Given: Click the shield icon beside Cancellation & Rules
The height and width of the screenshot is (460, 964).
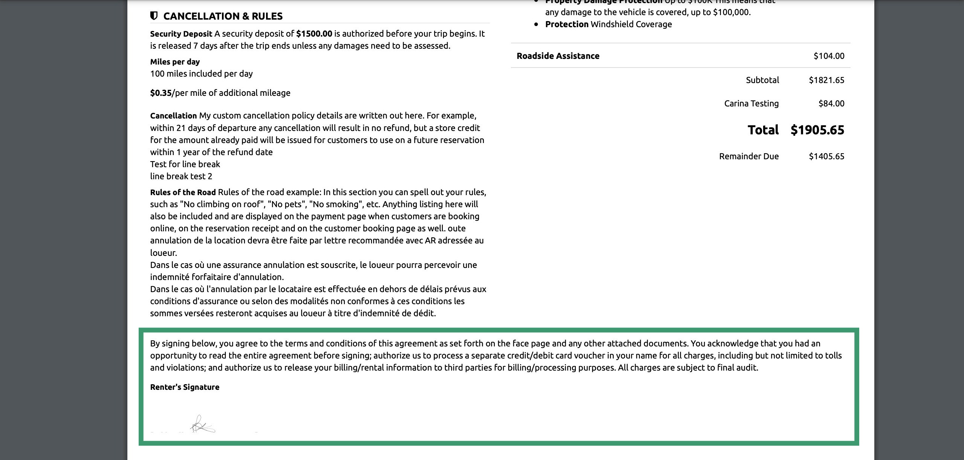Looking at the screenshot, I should click(x=153, y=16).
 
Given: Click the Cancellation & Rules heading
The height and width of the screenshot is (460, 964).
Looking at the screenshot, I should click(x=223, y=16).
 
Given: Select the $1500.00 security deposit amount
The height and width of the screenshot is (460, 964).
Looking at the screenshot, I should click(x=314, y=34).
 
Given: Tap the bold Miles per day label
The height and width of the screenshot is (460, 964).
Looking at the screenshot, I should click(x=175, y=62).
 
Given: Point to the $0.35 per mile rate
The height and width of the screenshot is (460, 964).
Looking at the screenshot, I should click(x=161, y=93).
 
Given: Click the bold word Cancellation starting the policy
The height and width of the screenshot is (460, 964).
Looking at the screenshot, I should click(x=173, y=115).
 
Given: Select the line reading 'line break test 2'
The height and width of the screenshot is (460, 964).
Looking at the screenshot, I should click(x=181, y=176).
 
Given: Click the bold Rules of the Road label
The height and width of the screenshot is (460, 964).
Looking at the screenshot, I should click(x=183, y=192).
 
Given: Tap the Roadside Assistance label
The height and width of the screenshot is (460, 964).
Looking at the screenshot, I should click(x=558, y=56).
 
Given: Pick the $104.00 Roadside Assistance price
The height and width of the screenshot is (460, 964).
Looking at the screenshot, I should click(x=829, y=56).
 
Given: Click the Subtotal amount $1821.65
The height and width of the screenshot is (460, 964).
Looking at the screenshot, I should click(x=826, y=80).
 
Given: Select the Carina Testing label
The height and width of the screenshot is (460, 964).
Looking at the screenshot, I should click(x=751, y=103).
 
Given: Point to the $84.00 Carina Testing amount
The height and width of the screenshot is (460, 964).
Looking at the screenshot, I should click(x=831, y=103).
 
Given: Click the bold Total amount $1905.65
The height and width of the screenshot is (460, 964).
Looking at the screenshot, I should click(x=817, y=130).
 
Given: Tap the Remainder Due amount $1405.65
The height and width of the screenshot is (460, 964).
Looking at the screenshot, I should click(x=826, y=156).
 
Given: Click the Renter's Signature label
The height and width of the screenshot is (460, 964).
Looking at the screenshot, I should click(x=185, y=387).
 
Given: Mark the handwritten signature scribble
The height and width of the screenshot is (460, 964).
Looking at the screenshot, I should click(x=202, y=425).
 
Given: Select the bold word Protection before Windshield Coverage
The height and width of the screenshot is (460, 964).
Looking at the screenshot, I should click(x=566, y=24).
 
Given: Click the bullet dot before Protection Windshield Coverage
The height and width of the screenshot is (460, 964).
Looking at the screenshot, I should click(x=536, y=25).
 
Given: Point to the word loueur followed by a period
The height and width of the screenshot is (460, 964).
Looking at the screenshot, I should click(x=163, y=253).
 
